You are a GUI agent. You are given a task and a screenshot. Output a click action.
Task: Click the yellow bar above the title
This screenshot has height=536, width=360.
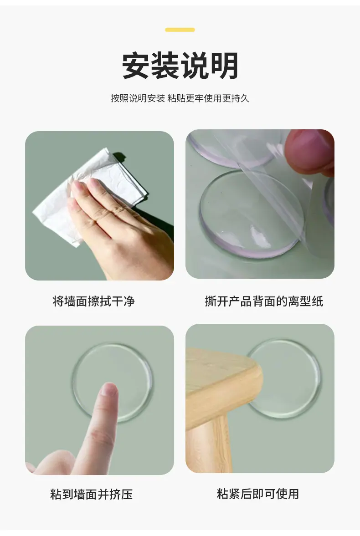click(180, 30)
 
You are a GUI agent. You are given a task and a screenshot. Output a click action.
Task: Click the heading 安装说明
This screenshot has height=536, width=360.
click(180, 66)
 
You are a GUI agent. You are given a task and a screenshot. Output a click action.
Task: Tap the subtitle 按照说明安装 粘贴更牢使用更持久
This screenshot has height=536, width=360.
click(180, 98)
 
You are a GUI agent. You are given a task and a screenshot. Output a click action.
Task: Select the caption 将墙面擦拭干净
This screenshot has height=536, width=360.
click(93, 301)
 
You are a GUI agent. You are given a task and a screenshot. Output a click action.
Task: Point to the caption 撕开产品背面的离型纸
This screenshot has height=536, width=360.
click(264, 301)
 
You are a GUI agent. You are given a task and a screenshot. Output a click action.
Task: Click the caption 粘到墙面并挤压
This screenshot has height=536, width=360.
click(92, 494)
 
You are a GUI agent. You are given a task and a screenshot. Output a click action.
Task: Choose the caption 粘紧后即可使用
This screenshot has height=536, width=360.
click(258, 494)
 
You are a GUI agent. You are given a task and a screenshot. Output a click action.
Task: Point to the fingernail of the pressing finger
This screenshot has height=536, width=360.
click(109, 390)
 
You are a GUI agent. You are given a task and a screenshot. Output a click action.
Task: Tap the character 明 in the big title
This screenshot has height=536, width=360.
click(225, 66)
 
